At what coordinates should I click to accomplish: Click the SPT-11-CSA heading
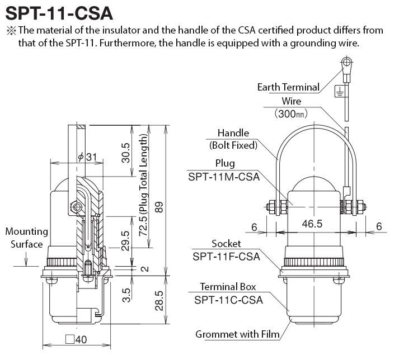tap(58, 12)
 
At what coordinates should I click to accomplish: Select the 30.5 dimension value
tap(125, 153)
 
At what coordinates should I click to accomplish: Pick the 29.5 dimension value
tap(125, 240)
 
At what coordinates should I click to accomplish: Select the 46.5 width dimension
tap(312, 224)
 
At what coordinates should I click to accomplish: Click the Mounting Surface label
tap(26, 238)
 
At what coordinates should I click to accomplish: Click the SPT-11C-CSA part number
tap(228, 299)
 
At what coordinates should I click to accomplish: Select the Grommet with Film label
tap(237, 335)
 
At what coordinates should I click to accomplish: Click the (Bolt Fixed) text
tap(233, 145)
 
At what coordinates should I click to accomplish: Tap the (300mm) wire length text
tap(292, 113)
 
